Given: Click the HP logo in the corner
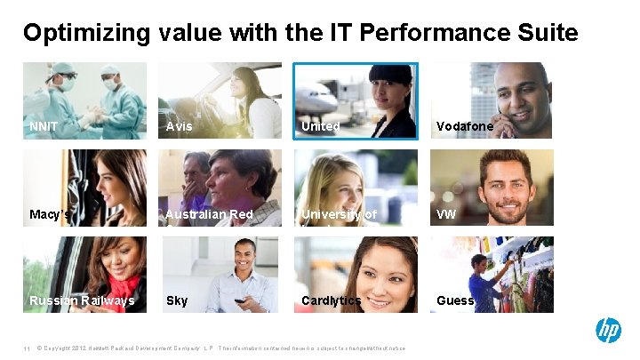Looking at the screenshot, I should (608, 331).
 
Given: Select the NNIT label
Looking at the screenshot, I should (44, 127).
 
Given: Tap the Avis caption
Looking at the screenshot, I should (179, 127).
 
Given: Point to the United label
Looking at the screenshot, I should (320, 127).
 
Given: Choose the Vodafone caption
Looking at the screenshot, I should (465, 127).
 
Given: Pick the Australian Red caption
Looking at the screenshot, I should (210, 214).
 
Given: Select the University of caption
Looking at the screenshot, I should (339, 214).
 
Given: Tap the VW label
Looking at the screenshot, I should (446, 214).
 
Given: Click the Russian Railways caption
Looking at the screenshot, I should (82, 300).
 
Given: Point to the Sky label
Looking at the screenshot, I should (177, 300).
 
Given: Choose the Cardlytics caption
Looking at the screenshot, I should (332, 300).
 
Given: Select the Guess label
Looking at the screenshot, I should (455, 300).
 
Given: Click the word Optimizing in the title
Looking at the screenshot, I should (87, 34).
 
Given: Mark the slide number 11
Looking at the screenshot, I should (28, 348).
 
